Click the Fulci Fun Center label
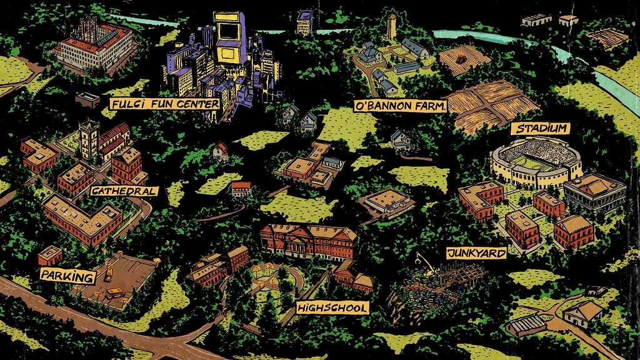164,102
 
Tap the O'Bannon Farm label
401,106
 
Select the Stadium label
541,129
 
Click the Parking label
67,276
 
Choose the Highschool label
332,307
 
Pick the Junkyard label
476,253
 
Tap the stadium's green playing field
536,163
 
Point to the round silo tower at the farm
392,26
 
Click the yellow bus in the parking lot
114,292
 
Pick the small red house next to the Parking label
50,255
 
